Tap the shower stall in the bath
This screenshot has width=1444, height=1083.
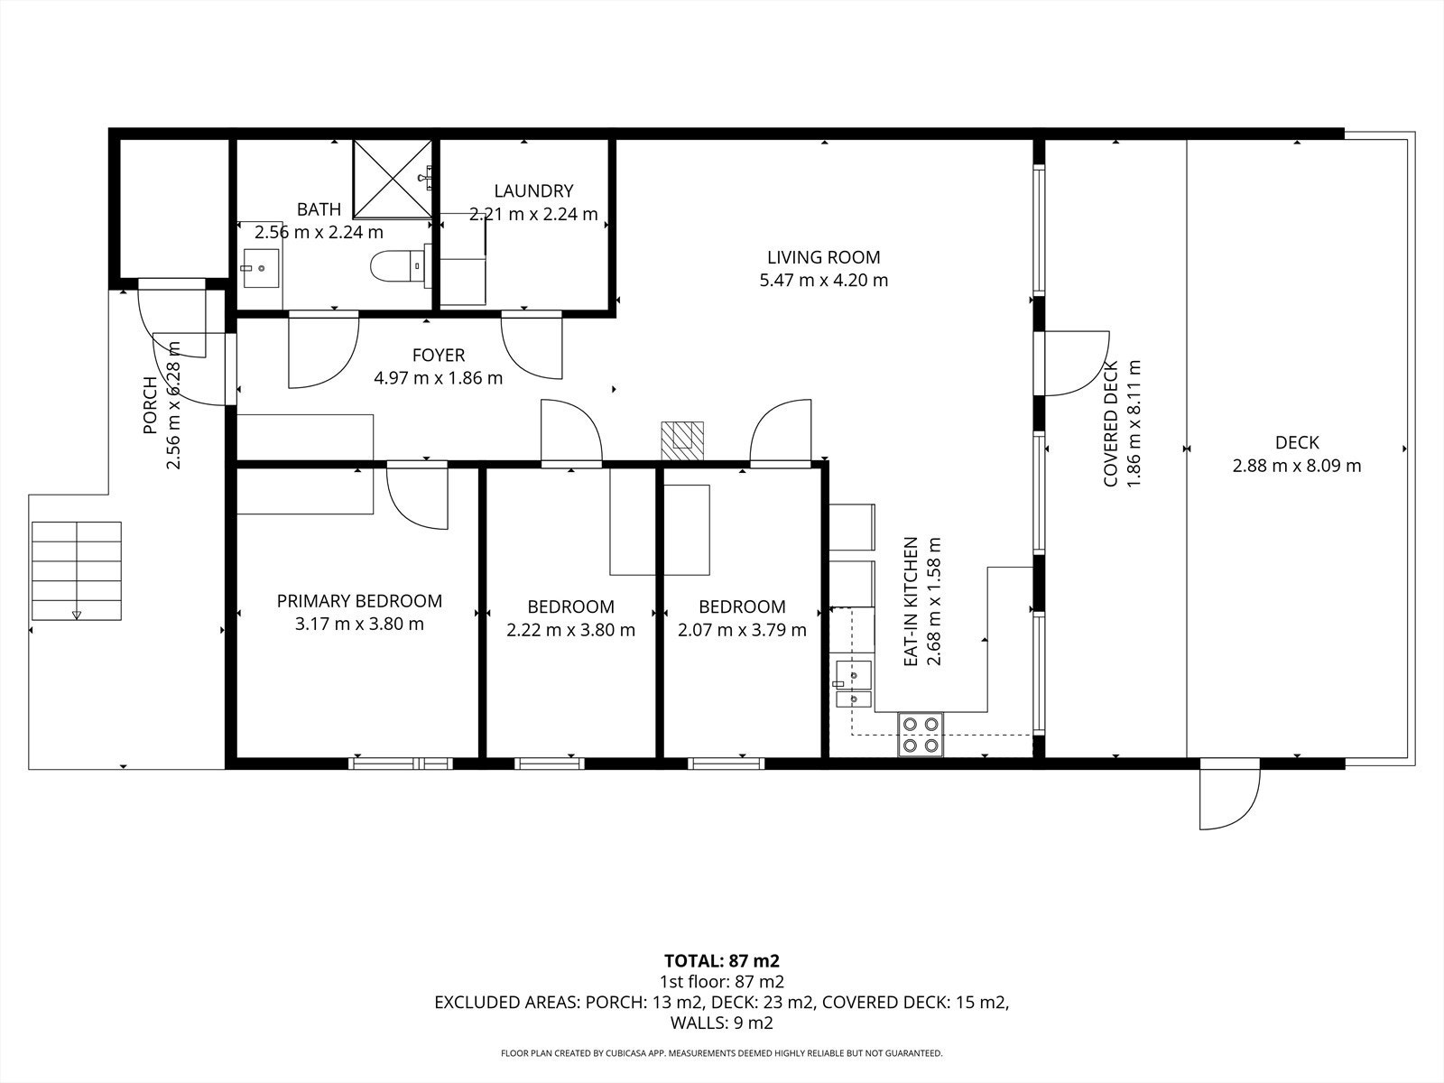393,178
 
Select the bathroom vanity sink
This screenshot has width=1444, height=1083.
261,268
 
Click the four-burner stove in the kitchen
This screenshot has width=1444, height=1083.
921,735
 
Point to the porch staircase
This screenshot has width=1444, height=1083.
77,570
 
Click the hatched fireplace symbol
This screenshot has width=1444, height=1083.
682,440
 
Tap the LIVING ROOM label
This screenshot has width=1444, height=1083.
824,257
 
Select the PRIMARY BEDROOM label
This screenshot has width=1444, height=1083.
359,601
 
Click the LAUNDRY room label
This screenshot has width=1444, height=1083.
533,190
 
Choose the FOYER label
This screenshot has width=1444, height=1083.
439,355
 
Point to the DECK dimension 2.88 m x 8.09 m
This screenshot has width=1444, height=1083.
1297,466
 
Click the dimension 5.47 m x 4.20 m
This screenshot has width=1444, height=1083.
824,280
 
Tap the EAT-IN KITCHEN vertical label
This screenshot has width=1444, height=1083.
911,602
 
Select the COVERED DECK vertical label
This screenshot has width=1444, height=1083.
1111,424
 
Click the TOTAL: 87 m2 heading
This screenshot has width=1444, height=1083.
722,961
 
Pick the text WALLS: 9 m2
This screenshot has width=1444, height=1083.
722,1023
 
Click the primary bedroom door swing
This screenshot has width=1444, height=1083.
417,495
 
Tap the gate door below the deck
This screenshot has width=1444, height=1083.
1229,793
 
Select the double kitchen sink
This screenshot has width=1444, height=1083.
854,684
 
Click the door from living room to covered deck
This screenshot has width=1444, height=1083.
1072,364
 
